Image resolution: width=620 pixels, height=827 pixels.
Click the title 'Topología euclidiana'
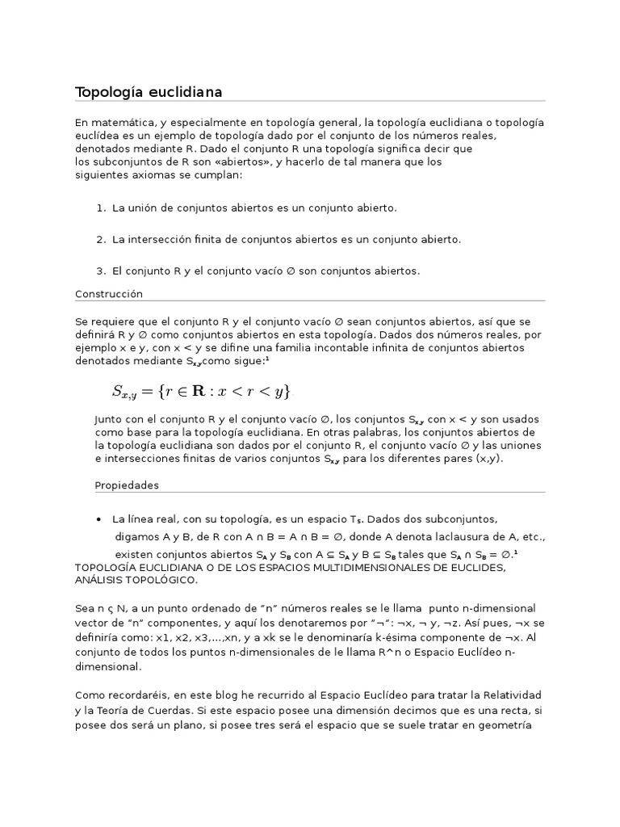coord(149,92)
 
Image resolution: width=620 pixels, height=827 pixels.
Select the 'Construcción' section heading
coord(108,294)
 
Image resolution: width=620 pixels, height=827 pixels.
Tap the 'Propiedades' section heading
coord(127,485)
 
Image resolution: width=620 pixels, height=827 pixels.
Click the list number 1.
coord(100,208)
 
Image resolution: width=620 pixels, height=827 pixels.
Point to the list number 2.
coord(100,240)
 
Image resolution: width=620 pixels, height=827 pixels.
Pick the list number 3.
coord(100,271)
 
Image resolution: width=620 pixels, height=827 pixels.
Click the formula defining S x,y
coord(200,392)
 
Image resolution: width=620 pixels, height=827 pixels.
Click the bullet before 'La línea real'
coord(98,518)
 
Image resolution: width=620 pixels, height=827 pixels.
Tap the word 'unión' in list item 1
coord(145,208)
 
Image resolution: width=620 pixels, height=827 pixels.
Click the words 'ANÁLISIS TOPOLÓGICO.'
coord(136,580)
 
